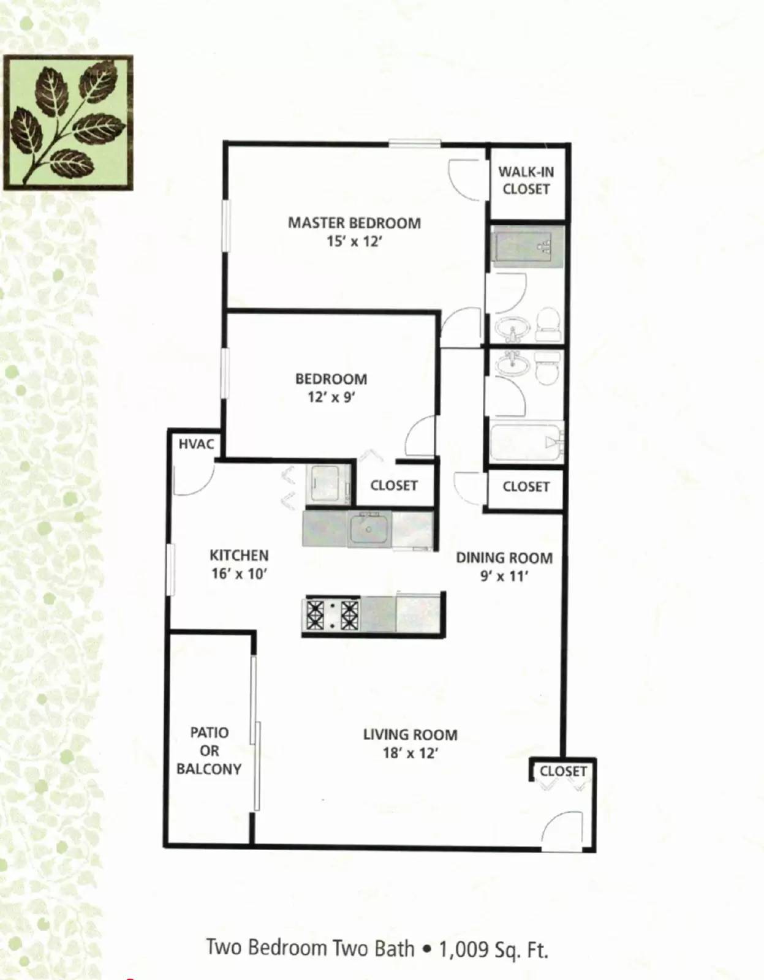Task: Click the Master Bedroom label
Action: (x=354, y=223)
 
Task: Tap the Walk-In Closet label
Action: (x=526, y=181)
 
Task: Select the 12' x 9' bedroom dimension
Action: (x=331, y=398)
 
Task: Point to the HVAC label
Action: (x=196, y=444)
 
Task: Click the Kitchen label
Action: (x=239, y=556)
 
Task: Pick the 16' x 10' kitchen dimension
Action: (x=239, y=574)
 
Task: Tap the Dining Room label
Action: (x=504, y=558)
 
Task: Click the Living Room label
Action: (x=410, y=734)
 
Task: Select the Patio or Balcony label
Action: (x=209, y=750)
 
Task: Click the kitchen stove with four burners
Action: (x=332, y=614)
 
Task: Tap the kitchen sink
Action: (x=369, y=530)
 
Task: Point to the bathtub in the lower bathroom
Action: (x=526, y=441)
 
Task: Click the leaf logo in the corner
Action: (x=68, y=123)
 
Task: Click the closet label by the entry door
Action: (x=563, y=771)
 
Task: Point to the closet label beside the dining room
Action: (x=526, y=486)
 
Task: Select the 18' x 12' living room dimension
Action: (x=410, y=753)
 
